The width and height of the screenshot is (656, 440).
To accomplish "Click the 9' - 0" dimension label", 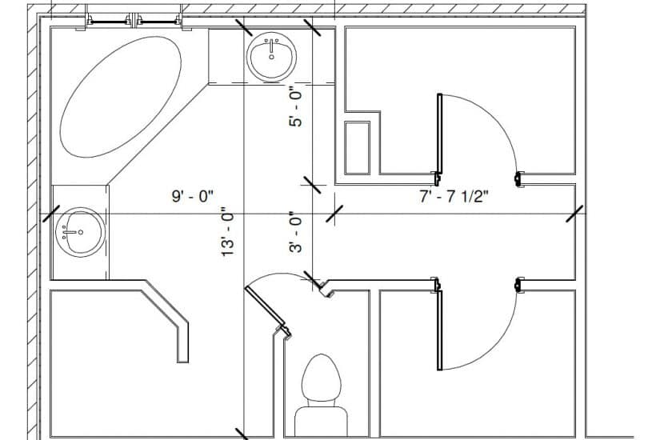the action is pyautogui.click(x=193, y=196).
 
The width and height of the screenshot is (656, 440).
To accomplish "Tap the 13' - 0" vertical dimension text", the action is pyautogui.click(x=229, y=232).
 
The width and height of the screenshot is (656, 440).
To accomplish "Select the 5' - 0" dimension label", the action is pyautogui.click(x=296, y=107).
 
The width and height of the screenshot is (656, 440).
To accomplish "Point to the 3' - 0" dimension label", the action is pyautogui.click(x=296, y=233).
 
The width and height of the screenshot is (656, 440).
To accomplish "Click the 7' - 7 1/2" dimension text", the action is pyautogui.click(x=454, y=196).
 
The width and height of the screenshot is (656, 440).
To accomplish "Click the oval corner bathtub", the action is pyautogui.click(x=121, y=97).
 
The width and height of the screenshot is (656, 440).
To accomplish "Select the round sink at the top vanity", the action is pyautogui.click(x=271, y=58).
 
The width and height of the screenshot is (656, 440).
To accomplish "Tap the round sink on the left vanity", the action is pyautogui.click(x=79, y=232).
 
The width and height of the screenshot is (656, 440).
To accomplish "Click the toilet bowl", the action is pyautogui.click(x=322, y=378).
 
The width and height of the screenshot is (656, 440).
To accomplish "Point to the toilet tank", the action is pyautogui.click(x=321, y=420).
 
